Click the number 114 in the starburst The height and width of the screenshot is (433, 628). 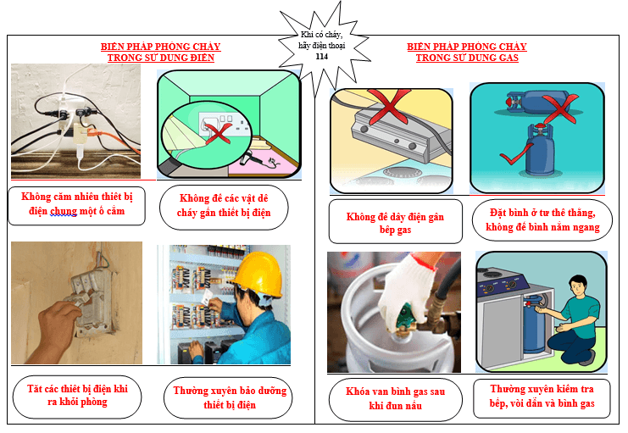point(321,57)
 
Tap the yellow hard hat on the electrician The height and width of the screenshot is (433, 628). point(258,274)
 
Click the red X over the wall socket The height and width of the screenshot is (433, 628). point(219,133)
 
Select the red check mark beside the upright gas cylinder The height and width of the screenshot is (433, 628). point(514,155)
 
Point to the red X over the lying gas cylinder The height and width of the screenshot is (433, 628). point(561,108)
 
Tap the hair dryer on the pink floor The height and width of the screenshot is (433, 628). point(253,159)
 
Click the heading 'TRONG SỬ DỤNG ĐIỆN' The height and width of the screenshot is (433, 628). point(161,58)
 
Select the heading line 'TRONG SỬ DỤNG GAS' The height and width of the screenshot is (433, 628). point(467,58)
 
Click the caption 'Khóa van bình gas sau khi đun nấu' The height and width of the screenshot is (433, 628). point(395,398)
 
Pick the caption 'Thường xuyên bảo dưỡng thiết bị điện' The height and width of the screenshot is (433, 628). point(230,397)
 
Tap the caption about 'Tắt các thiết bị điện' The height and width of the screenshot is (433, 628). point(77,396)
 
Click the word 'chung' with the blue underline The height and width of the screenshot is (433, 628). point(64,211)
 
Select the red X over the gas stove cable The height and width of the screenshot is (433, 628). point(388,106)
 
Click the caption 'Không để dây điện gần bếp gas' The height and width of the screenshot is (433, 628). point(395,223)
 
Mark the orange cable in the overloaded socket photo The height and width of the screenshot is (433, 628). point(105,138)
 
